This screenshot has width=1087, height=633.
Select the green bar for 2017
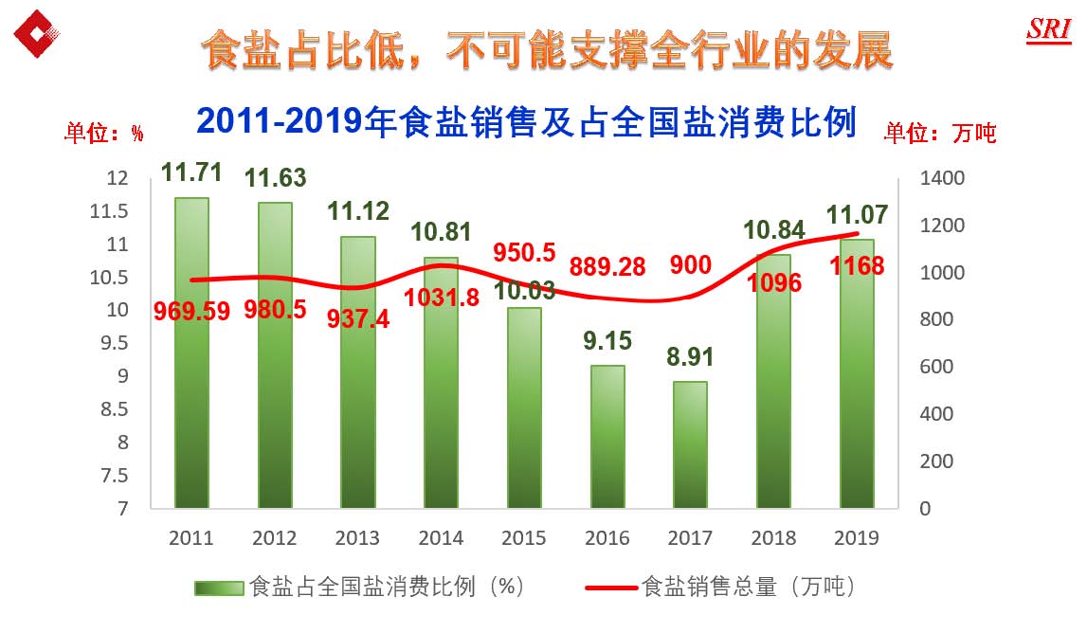click(690, 444)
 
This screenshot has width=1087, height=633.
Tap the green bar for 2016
click(607, 436)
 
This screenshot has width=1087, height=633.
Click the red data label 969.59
click(192, 312)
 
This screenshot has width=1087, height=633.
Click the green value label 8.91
click(690, 358)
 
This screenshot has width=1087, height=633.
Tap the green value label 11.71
click(191, 173)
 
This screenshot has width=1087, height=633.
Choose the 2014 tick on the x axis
click(441, 538)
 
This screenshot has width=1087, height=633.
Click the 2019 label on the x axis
click(857, 538)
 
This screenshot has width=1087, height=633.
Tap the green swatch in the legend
click(219, 588)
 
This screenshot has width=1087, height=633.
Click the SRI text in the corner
click(1048, 29)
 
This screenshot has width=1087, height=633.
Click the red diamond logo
click(38, 34)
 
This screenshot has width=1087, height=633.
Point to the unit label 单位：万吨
click(940, 134)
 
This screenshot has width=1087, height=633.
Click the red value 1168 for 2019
click(857, 266)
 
